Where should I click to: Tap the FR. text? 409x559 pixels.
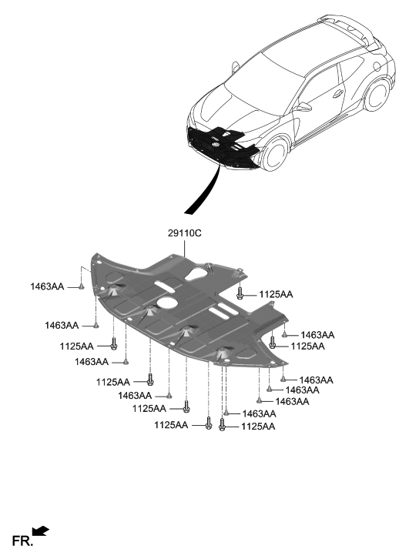[22, 541]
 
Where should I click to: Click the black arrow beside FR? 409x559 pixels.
[42, 531]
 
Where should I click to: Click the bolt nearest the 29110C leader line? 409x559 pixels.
[241, 293]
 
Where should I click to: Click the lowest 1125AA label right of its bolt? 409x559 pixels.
[258, 426]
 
